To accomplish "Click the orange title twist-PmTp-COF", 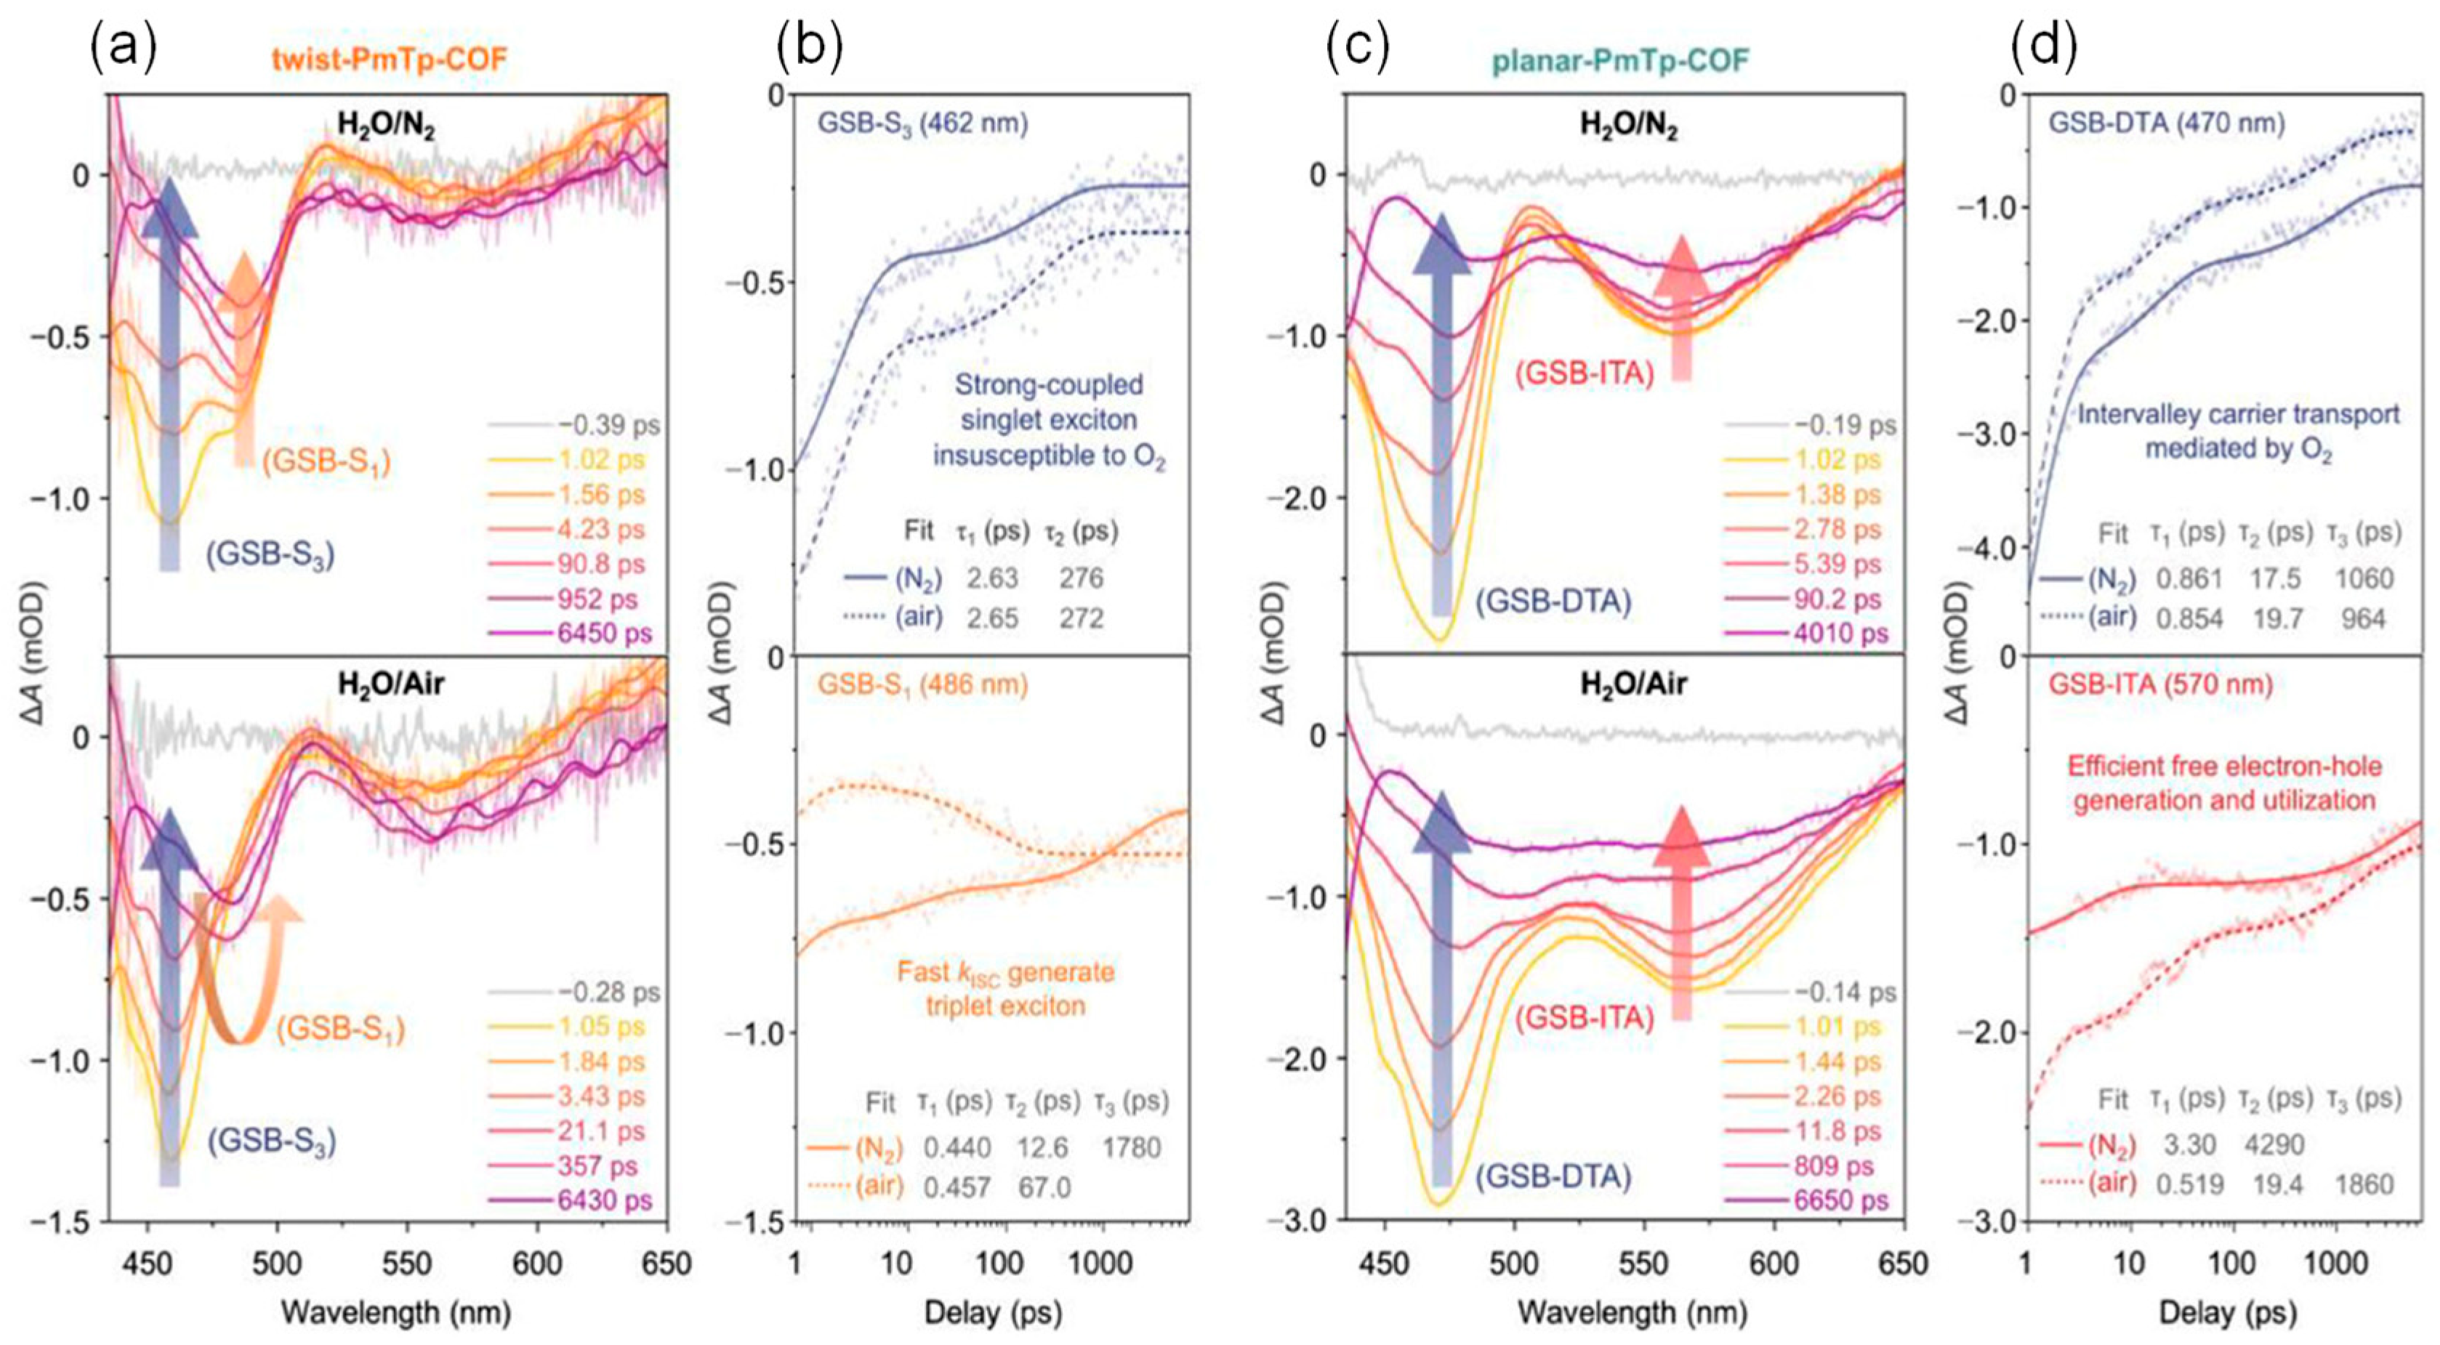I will coord(390,60).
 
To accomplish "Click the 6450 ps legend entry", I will coord(604,633).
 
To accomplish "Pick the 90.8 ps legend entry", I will coord(604,564).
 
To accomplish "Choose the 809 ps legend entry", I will coord(1837,1166).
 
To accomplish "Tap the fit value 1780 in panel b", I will coord(1131,1148).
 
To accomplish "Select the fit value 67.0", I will coord(1044,1187).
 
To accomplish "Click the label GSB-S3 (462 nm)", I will coord(924,123).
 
